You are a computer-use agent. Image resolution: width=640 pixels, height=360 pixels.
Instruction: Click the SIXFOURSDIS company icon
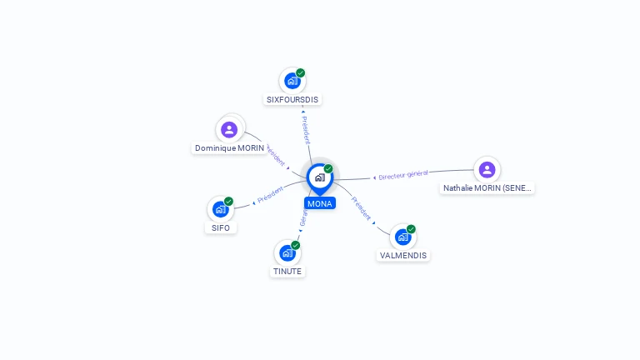coord(292,81)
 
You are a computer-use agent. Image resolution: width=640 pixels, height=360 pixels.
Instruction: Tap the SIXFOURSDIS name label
coord(292,100)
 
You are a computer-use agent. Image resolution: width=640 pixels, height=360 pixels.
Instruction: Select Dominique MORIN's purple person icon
coord(229,129)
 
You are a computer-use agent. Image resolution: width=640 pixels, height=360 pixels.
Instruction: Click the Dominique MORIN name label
coord(229,148)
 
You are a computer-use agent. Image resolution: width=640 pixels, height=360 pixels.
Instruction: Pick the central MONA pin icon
coord(319,177)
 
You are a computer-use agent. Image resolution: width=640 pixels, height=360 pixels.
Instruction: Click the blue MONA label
coord(320,203)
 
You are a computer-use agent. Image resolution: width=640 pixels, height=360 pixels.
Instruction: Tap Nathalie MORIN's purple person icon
coord(487,169)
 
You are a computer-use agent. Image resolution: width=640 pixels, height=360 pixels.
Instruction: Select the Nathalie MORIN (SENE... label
coord(487,188)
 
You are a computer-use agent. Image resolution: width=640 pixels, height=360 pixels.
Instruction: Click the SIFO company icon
coord(221,209)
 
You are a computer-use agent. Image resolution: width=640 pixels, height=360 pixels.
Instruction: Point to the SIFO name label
coord(221,227)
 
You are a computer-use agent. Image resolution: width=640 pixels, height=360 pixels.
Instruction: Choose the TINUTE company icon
coord(287,252)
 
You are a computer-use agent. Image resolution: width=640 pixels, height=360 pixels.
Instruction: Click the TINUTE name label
coord(287,272)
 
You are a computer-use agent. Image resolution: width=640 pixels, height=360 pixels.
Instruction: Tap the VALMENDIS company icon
coord(403,237)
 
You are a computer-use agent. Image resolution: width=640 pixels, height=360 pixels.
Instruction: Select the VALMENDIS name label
coord(403,256)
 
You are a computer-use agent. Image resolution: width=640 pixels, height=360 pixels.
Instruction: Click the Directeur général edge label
coord(403,175)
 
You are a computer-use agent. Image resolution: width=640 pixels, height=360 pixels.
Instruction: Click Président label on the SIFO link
coord(271,196)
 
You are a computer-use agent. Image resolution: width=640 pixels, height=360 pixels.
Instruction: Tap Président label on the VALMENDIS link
coord(361,207)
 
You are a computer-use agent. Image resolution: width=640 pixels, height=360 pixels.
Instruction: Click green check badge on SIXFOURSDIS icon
coord(301,72)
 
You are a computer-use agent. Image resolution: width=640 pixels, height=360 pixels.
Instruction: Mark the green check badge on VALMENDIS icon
coord(412,228)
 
